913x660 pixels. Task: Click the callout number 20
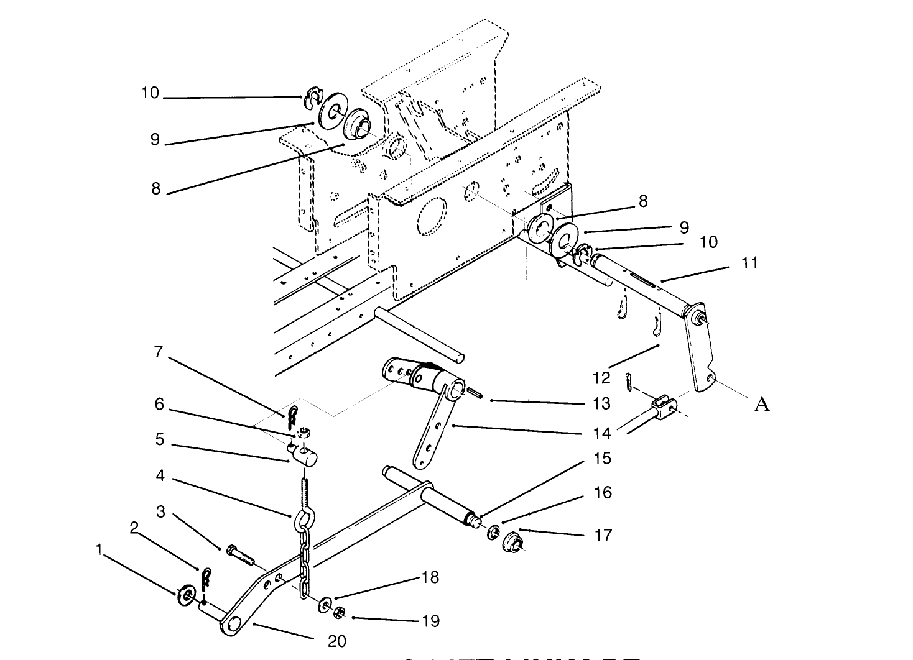336,641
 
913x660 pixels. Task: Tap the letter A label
762,405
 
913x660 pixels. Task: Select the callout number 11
751,263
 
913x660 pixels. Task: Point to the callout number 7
159,352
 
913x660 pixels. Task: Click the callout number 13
601,403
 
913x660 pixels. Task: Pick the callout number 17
603,534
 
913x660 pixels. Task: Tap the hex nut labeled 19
340,613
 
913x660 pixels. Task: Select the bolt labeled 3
241,555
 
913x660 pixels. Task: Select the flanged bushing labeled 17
513,542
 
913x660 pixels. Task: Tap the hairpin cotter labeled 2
206,579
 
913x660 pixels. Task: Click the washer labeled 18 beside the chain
325,605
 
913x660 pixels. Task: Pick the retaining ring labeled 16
493,532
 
